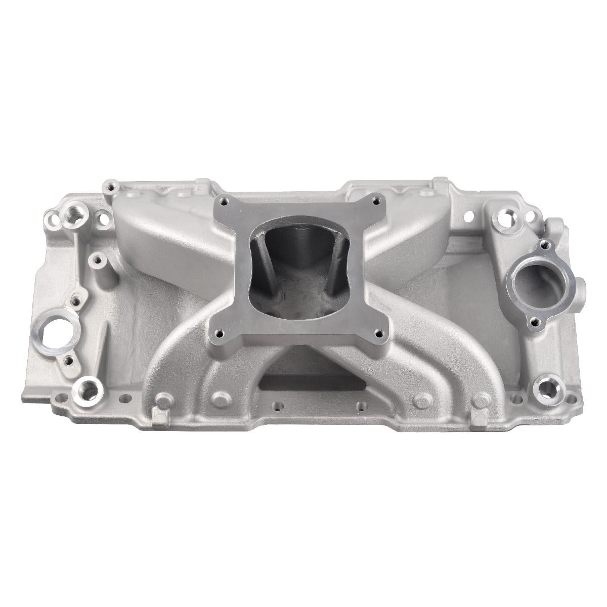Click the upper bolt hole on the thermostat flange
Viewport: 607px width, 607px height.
[544, 245]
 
